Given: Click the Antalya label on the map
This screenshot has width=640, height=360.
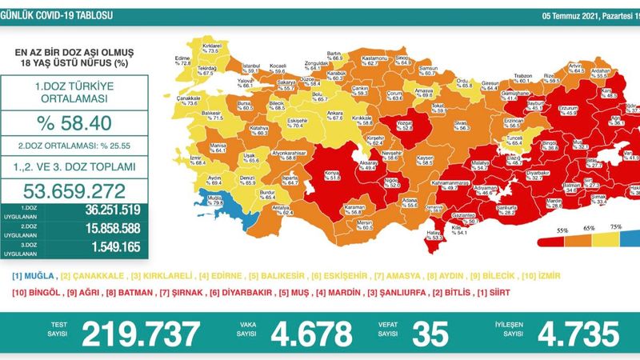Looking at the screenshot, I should pos(281,211).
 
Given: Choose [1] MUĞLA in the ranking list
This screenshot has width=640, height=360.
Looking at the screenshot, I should pos(30,275).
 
